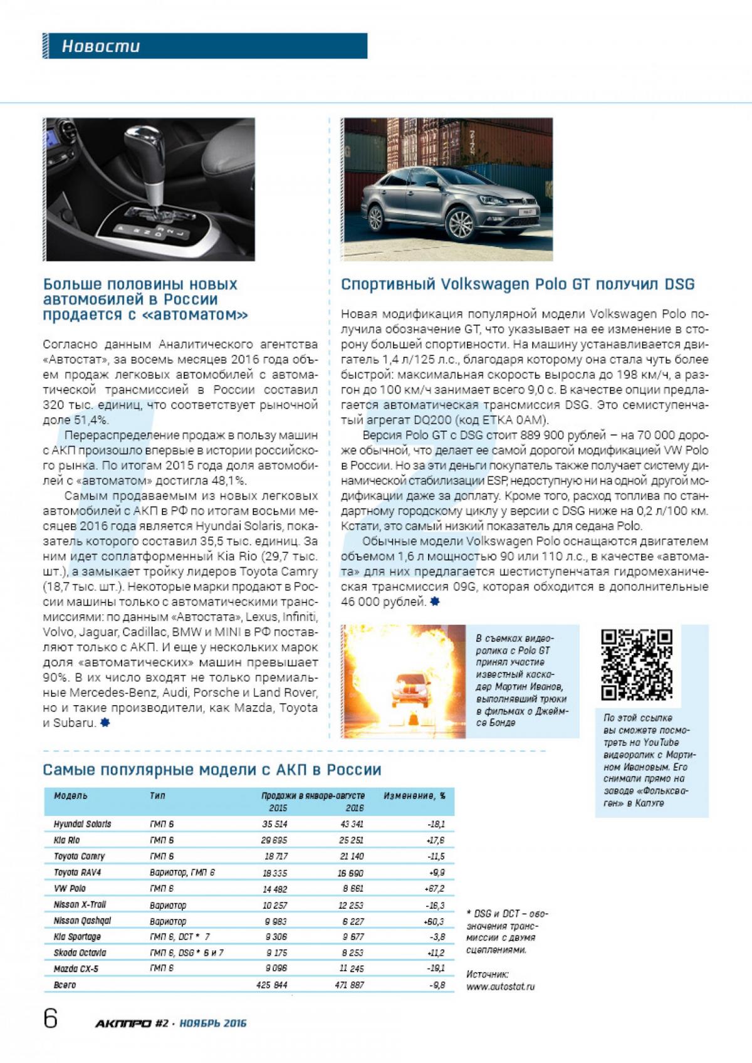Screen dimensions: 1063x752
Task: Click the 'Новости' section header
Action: point(101,46)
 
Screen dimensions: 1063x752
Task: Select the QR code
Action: point(637,664)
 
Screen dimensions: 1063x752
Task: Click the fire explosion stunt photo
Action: point(404,681)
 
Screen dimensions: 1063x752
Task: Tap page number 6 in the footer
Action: point(50,1019)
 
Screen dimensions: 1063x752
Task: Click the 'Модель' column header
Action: point(71,795)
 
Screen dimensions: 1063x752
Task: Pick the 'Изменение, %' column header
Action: point(414,795)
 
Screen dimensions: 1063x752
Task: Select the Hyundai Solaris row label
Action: point(82,824)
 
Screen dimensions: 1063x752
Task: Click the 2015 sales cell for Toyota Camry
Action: point(274,856)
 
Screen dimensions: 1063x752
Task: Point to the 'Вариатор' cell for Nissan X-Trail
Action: point(168,904)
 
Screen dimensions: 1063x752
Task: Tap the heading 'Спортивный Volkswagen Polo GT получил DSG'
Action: point(518,285)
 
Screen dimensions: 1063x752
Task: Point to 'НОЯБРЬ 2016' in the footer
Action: point(212,1024)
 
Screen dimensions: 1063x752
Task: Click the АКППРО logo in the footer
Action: point(123,1024)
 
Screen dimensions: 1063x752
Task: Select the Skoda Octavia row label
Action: point(80,953)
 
